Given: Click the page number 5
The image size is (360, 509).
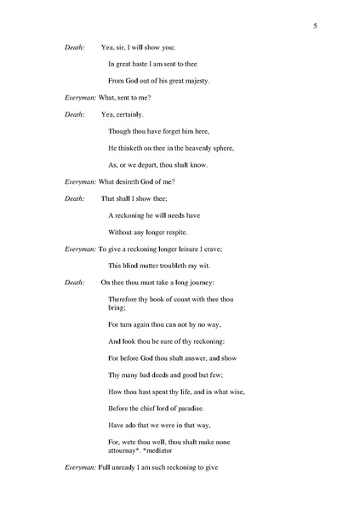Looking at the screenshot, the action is pos(315,26).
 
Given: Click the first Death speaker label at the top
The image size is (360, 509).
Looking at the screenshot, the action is pos(75,48).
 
